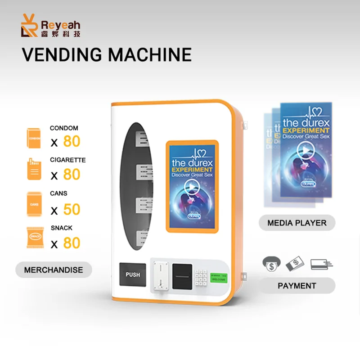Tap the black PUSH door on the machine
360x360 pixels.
point(133,274)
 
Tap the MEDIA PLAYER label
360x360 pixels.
point(297,223)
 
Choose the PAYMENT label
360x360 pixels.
point(297,285)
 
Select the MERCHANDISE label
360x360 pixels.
point(54,270)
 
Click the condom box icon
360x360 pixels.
point(34,138)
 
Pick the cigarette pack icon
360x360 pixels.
point(34,170)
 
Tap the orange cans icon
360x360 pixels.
point(34,204)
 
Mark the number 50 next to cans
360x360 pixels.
point(72,209)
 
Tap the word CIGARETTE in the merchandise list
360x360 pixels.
point(67,160)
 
